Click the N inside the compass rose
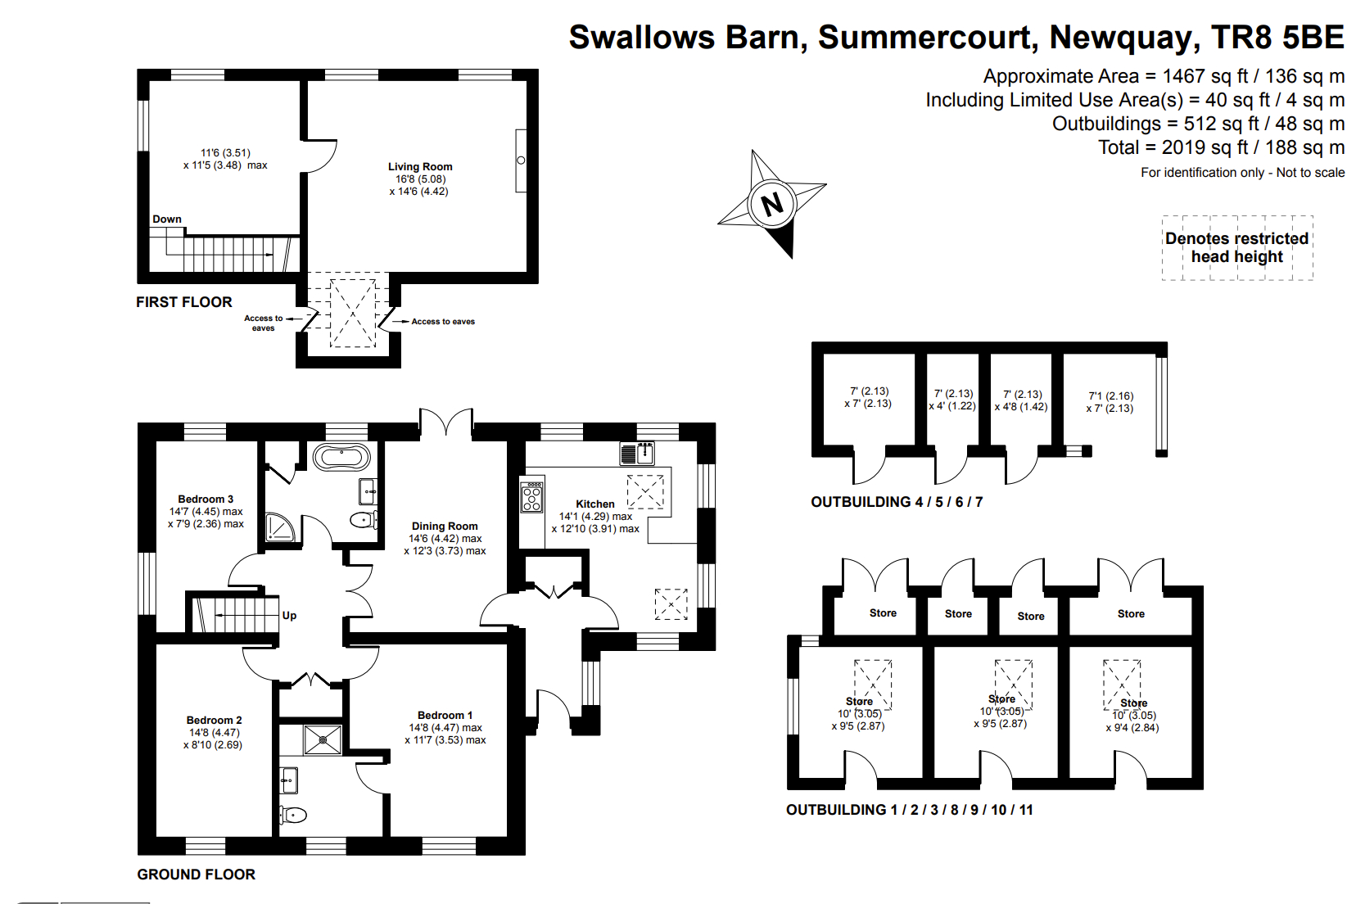coord(772,204)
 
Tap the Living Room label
coord(420,166)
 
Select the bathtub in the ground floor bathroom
coord(341,456)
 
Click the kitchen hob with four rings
coord(531,497)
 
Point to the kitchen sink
coord(637,452)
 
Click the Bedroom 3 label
coord(206,499)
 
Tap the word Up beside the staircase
coord(289,615)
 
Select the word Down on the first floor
coord(167,219)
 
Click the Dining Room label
coord(445,526)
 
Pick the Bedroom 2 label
coord(214,720)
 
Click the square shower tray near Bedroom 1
coord(323,739)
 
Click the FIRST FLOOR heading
coord(184,302)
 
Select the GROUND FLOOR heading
coord(197,875)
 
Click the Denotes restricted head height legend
coord(1236,247)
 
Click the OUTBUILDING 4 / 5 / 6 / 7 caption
coord(897,502)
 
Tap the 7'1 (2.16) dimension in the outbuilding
coord(1110,395)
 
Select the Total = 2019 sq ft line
coord(1221,147)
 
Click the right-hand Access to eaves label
coord(443,322)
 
